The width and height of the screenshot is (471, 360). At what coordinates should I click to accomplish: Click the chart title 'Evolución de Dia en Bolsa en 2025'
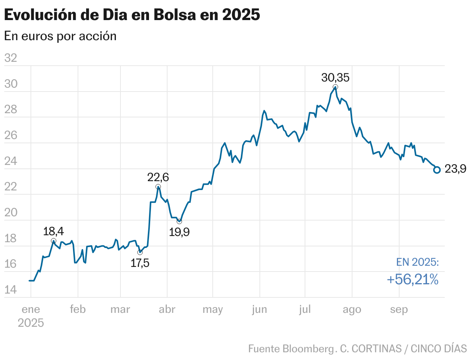pyautogui.click(x=132, y=15)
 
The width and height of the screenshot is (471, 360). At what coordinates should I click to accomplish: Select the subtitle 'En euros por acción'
pyautogui.click(x=60, y=36)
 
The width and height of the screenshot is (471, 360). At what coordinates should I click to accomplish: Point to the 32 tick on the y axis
pyautogui.click(x=10, y=58)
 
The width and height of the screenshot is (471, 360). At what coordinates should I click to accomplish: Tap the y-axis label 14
pyautogui.click(x=10, y=290)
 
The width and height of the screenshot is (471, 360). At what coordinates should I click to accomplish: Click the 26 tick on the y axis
pyautogui.click(x=10, y=136)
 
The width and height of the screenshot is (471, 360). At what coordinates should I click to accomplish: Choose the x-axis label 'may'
pyautogui.click(x=213, y=309)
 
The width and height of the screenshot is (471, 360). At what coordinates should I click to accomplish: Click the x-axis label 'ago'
pyautogui.click(x=352, y=309)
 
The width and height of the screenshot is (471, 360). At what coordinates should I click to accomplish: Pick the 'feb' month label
pyautogui.click(x=78, y=309)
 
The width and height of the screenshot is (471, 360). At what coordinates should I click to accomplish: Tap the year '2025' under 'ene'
pyautogui.click(x=31, y=323)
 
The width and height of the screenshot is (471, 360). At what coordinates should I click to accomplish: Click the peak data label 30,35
pyautogui.click(x=335, y=78)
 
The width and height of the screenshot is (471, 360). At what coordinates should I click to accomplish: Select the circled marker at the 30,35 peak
pyautogui.click(x=335, y=87)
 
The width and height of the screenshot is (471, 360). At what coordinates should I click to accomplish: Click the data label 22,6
pyautogui.click(x=158, y=177)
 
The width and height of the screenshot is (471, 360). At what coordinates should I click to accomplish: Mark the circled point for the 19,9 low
pyautogui.click(x=179, y=221)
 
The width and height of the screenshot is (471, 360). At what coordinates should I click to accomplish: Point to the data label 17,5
pyautogui.click(x=140, y=263)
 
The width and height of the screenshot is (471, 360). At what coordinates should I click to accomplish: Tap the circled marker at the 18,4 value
pyautogui.click(x=54, y=241)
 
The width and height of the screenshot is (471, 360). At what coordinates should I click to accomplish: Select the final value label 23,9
pyautogui.click(x=456, y=169)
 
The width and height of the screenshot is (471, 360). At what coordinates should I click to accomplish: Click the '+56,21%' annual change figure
pyautogui.click(x=412, y=280)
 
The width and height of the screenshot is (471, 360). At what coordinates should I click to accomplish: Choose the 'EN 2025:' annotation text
pyautogui.click(x=417, y=262)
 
